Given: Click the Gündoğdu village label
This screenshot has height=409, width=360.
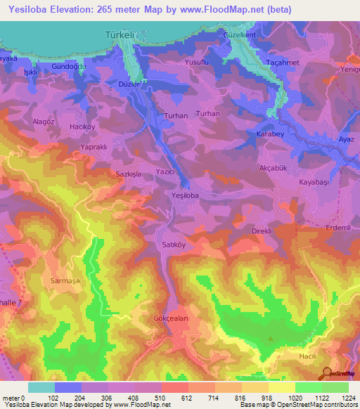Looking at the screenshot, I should pos(69,65).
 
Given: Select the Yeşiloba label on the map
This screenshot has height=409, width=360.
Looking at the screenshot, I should pos(186,195).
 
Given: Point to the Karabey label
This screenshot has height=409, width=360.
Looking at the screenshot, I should pos(270,134).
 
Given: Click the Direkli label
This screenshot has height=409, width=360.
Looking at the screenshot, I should pos(262,231).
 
